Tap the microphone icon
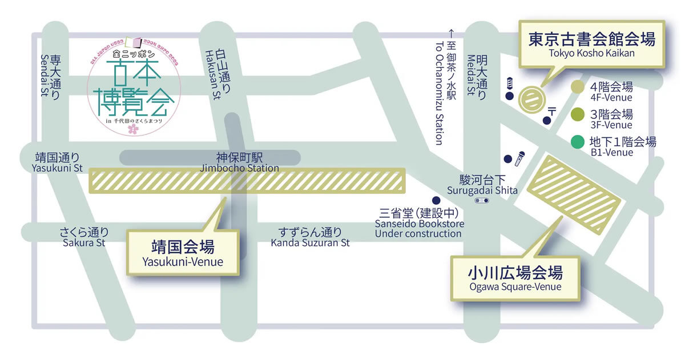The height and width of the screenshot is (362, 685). tap(519, 158)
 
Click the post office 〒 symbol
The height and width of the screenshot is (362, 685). tap(552, 110)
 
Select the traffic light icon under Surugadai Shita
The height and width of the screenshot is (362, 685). tap(482, 201)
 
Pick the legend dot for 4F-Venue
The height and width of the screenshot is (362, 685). tap(578, 87)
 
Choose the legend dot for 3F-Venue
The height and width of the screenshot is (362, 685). tap(578, 114)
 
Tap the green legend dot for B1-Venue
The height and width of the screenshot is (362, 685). tap(578, 141)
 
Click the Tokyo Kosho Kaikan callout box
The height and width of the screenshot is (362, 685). tap(591, 45)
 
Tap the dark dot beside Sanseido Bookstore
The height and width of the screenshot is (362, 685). tap(436, 201)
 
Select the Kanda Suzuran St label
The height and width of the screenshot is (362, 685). tap(310, 237)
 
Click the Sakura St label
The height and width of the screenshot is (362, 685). tap(84, 237)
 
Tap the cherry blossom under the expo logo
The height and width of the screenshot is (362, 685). tap(133, 130)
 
